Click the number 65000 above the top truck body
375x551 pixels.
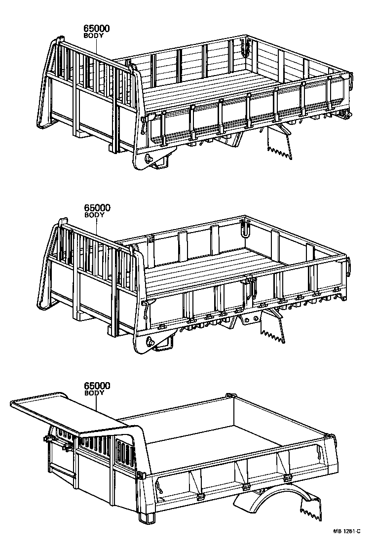97,29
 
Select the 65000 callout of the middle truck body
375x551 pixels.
97,208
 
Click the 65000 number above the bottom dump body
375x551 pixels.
97,386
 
